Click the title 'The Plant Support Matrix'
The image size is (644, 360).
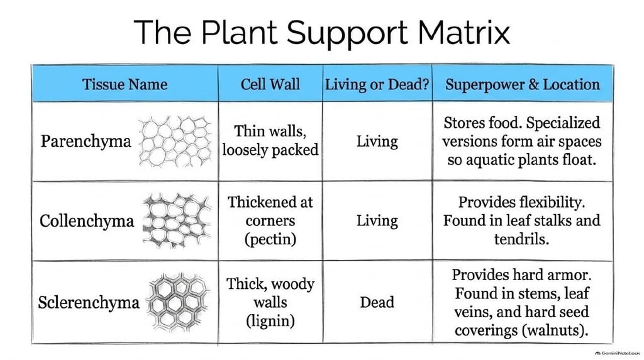point(321,32)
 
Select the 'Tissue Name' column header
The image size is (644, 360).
point(125,84)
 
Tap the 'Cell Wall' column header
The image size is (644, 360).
point(270,84)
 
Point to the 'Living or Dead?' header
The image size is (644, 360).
point(377,84)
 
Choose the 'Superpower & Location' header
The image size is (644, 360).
point(523,84)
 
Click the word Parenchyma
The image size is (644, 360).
point(86,142)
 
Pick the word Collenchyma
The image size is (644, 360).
point(87,221)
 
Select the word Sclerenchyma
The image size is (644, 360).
point(89,303)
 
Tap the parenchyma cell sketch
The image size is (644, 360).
point(175,142)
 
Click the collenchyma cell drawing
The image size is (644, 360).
point(177,221)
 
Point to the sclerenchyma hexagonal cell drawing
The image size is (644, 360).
point(178,302)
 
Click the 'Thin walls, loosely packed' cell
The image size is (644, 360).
point(270,140)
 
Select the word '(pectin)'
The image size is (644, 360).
point(270,239)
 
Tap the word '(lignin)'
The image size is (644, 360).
point(270,320)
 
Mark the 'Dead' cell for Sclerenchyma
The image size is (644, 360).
point(377,303)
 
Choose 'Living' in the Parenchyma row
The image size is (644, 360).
point(377,142)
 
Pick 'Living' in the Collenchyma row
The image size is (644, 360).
point(377,221)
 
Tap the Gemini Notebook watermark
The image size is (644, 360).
point(618,353)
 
